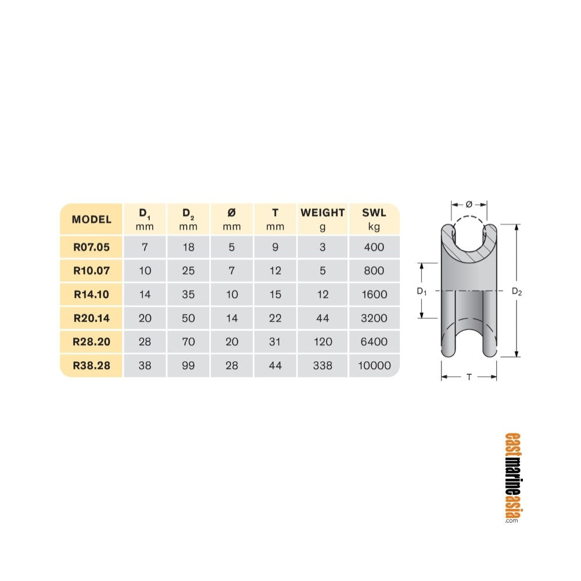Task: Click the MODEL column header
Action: point(92,220)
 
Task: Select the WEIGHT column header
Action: point(322,213)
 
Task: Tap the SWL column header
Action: point(374,213)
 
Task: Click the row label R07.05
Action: point(92,247)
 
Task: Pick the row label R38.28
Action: point(92,365)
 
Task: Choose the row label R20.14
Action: point(92,318)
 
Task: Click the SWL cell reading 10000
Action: point(374,365)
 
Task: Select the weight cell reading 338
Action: point(322,365)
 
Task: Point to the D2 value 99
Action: point(188,365)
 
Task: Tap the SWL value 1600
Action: point(374,295)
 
